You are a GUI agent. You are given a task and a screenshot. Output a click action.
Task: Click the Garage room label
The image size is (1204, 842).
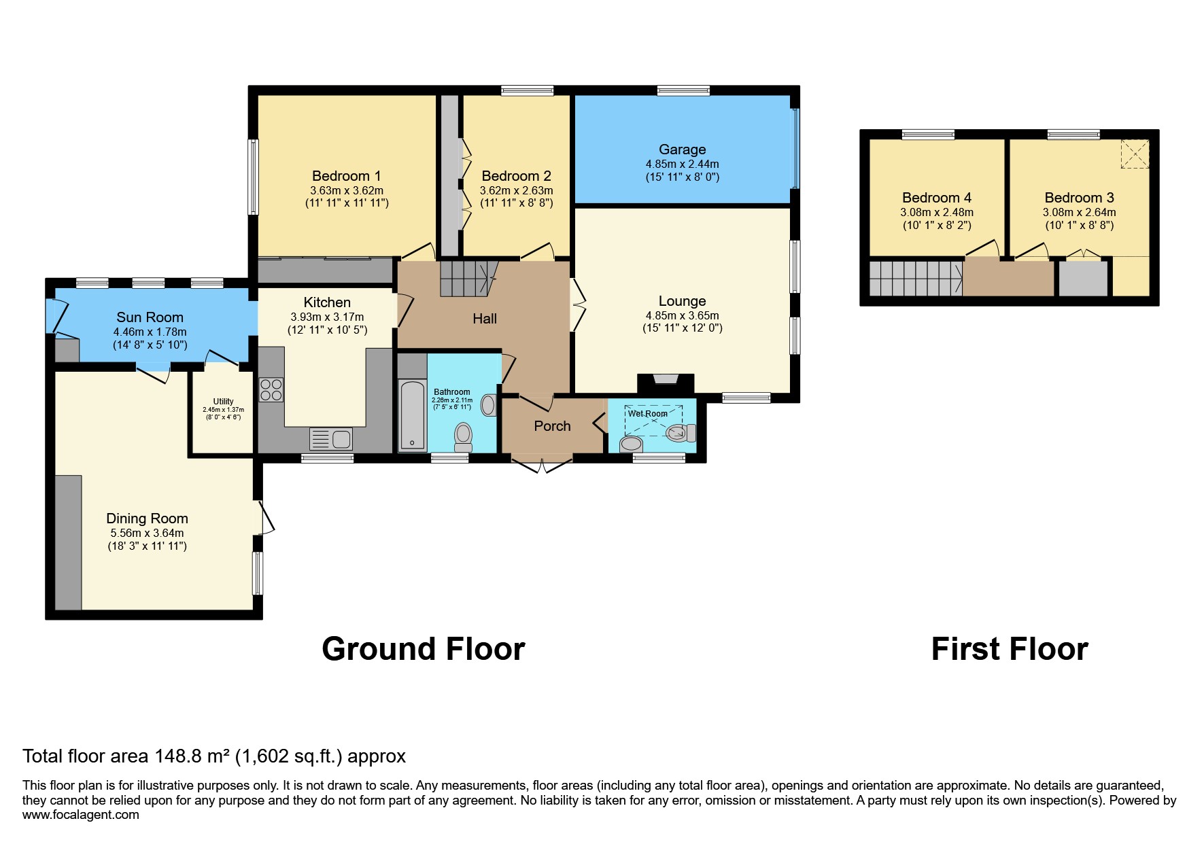pyautogui.click(x=682, y=150)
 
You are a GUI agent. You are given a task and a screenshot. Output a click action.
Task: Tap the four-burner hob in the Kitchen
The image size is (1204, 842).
pyautogui.click(x=271, y=390)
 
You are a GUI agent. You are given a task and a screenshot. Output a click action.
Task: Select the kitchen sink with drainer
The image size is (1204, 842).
pyautogui.click(x=331, y=439)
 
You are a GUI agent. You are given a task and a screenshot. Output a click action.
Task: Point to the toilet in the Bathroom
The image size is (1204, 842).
pyautogui.click(x=464, y=436)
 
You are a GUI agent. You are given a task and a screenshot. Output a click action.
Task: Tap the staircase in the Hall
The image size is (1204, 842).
pyautogui.click(x=465, y=278)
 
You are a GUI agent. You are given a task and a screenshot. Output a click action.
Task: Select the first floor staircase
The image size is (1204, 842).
pyautogui.click(x=915, y=279)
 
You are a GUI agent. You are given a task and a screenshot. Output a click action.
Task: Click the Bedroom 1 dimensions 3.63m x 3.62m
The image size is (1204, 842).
pyautogui.click(x=347, y=190)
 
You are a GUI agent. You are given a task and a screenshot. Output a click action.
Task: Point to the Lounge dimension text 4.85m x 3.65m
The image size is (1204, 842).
pyautogui.click(x=682, y=315)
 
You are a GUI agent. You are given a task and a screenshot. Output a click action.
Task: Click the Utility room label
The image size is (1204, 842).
pyautogui.click(x=223, y=401)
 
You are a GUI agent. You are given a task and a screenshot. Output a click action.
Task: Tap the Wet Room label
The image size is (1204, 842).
pyautogui.click(x=647, y=413)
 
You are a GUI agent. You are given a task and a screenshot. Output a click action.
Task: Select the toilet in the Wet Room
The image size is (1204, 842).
pyautogui.click(x=681, y=433)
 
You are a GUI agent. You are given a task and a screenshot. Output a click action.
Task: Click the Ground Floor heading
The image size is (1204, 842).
pyautogui.click(x=423, y=649)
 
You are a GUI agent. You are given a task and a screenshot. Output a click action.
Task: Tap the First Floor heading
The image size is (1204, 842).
pyautogui.click(x=1009, y=649)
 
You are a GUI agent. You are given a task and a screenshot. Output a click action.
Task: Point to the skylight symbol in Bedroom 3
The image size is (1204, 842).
pyautogui.click(x=1134, y=154)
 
